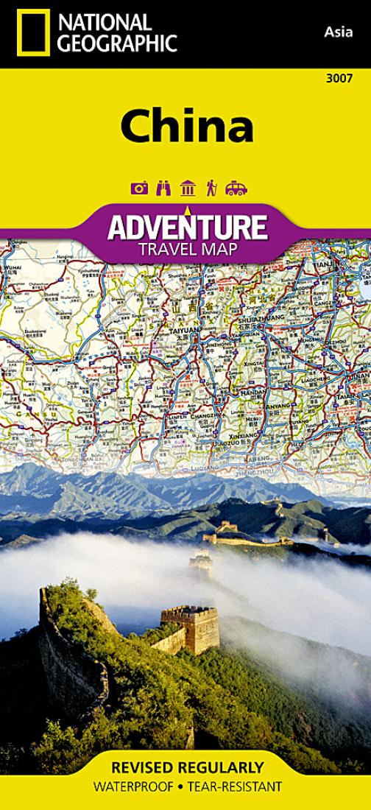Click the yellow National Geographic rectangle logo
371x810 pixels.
33,33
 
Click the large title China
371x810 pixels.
187,125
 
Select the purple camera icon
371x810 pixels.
139,188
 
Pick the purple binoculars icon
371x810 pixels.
163,188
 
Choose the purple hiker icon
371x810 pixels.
211,188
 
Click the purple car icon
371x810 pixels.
236,188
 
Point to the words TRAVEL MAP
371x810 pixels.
187,248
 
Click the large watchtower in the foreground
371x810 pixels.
190,627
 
